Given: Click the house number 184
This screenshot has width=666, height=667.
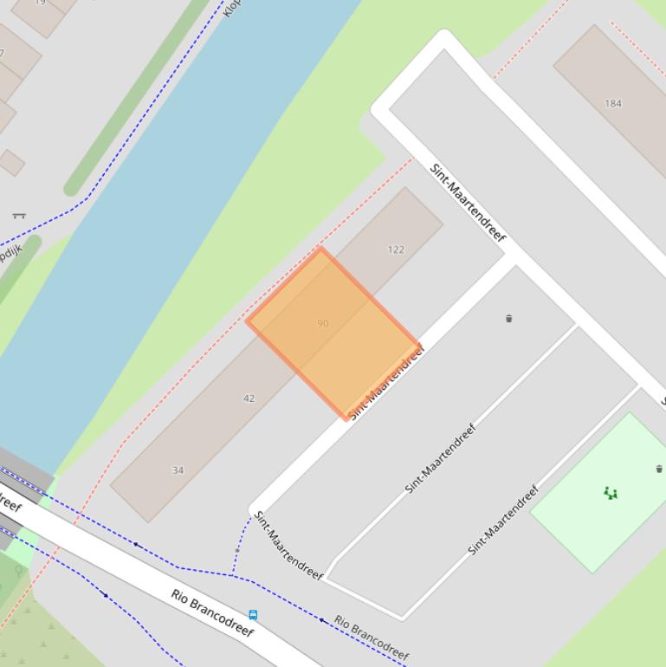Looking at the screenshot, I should pyautogui.click(x=613, y=103).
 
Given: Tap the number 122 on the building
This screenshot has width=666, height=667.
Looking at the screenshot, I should pyautogui.click(x=396, y=249).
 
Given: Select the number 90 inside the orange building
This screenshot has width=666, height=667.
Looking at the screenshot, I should pyautogui.click(x=323, y=323).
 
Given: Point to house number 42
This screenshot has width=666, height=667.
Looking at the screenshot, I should pyautogui.click(x=249, y=398).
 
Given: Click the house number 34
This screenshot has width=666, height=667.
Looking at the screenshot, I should pyautogui.click(x=178, y=470).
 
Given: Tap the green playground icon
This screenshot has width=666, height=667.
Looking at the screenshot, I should pyautogui.click(x=611, y=494).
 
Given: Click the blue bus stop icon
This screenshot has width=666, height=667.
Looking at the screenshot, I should pyautogui.click(x=253, y=615).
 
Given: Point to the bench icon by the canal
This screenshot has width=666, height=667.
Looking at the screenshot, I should pyautogui.click(x=19, y=215).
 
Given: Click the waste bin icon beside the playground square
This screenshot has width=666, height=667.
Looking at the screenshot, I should pyautogui.click(x=659, y=469).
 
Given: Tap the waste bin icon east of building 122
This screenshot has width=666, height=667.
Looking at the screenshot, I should pyautogui.click(x=508, y=318).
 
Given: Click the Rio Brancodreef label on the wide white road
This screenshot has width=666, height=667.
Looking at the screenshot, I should pyautogui.click(x=212, y=612).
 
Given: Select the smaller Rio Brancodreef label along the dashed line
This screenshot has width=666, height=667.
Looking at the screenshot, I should pyautogui.click(x=371, y=638).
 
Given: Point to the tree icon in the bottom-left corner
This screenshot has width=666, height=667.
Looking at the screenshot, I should pyautogui.click(x=19, y=571).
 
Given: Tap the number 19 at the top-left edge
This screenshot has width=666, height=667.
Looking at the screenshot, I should pyautogui.click(x=40, y=3).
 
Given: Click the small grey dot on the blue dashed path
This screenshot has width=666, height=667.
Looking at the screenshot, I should pyautogui.click(x=237, y=549).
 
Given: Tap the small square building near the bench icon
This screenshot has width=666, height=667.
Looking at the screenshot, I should pyautogui.click(x=11, y=162).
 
